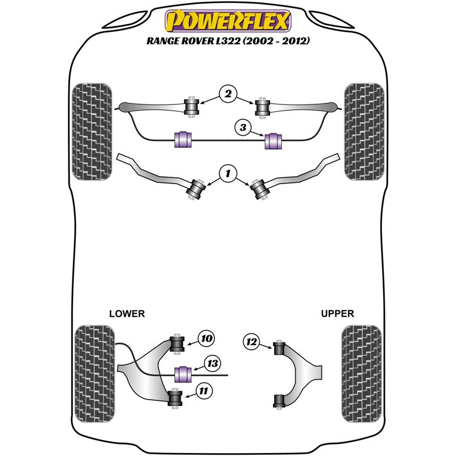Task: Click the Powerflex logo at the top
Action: pos(227,23)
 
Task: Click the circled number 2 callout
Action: pos(228,93)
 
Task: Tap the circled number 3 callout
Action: pos(243,129)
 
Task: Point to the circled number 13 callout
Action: pos(213,363)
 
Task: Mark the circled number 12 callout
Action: pos(251,342)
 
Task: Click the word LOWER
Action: pos(127,313)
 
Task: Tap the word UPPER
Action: pos(337,313)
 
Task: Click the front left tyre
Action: pos(93,132)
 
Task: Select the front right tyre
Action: pos(363,132)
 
